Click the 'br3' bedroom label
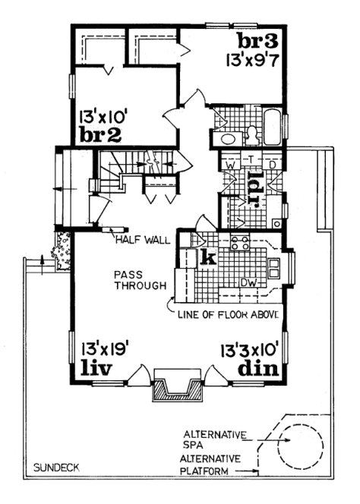253,40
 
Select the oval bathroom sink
226,140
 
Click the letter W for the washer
227,162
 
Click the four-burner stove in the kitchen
241,243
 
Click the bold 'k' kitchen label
206,259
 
